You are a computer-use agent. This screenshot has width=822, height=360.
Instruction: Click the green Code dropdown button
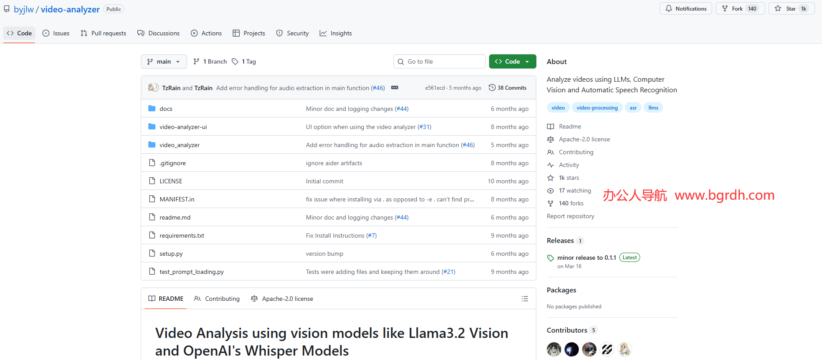(512, 61)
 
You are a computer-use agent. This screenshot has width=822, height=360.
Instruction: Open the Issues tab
(56, 33)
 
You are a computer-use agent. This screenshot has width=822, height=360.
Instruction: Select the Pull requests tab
(103, 33)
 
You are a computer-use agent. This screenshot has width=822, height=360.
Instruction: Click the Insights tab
(336, 33)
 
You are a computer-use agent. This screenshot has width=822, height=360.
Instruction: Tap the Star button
(792, 9)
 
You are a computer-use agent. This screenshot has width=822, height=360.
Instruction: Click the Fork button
(740, 9)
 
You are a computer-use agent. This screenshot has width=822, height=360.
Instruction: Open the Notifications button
(686, 9)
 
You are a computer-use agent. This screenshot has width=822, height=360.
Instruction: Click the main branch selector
(164, 61)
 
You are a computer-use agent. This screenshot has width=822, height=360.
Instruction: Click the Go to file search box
(439, 61)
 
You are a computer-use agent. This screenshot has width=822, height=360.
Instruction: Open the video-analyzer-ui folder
(183, 127)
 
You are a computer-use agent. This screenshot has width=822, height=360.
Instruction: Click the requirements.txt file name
(182, 235)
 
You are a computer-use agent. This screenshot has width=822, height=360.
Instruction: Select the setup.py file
(171, 254)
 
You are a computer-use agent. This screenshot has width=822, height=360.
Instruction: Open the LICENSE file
(171, 181)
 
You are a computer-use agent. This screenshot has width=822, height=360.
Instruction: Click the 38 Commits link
(508, 88)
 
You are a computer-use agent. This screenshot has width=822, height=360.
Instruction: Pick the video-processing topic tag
(597, 108)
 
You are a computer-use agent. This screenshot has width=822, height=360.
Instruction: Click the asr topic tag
(633, 108)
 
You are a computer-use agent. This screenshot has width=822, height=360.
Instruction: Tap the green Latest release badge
(630, 258)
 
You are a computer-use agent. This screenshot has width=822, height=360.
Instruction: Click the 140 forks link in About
(571, 203)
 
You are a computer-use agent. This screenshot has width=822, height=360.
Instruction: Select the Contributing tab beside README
(217, 299)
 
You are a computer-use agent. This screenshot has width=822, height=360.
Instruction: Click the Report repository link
(570, 216)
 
